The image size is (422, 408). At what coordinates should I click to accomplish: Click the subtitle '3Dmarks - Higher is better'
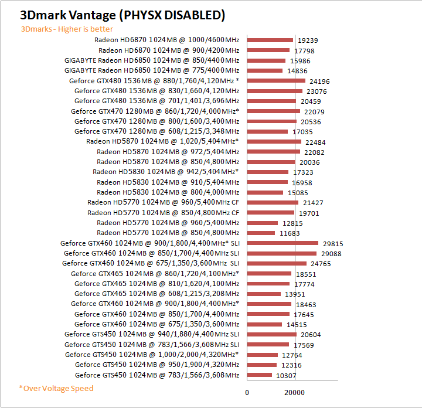pos(67,29)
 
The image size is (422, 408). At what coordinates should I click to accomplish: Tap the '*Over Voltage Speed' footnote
pos(56,388)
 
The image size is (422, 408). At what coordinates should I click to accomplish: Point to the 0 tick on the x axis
pos(247,392)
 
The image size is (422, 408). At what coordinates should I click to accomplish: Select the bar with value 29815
pos(283,243)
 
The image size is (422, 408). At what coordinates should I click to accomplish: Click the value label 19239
pos(309,40)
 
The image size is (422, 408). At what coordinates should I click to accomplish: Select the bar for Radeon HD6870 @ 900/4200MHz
pos(268,50)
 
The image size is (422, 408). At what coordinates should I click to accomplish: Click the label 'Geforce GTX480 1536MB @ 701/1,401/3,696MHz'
pos(156,101)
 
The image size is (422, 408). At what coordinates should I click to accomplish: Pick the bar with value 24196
pos(275,80)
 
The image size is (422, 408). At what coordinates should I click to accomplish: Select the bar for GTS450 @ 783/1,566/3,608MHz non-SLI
pos(259,375)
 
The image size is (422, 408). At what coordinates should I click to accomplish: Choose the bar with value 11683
pos(261,233)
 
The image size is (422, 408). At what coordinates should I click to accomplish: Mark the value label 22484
pos(317,141)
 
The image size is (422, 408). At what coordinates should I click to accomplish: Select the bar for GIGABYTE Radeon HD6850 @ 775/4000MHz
pos(264,70)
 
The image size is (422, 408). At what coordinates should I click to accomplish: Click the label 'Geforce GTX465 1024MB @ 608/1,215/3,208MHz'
pos(156,294)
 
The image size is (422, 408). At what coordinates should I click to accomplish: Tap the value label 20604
pos(312,334)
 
